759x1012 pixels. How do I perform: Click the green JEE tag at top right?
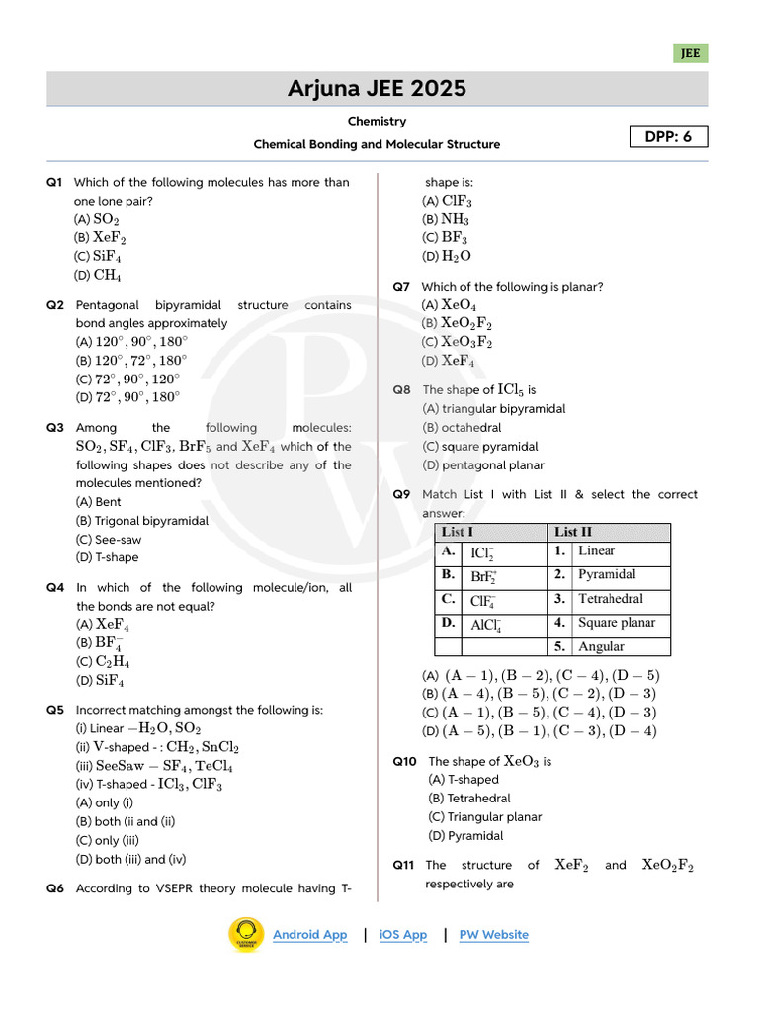[x=690, y=54]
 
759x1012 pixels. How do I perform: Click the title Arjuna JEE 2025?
[x=377, y=89]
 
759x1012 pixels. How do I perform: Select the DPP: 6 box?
[x=669, y=137]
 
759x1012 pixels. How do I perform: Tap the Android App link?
[x=309, y=935]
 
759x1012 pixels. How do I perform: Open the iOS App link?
[x=403, y=935]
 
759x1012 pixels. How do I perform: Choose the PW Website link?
[x=493, y=935]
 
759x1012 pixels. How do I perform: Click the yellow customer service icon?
[x=246, y=935]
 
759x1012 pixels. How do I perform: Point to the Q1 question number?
[x=54, y=182]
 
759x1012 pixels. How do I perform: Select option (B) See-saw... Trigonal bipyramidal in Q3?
[x=142, y=520]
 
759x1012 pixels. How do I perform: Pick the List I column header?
[x=458, y=532]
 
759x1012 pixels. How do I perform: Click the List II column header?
[x=573, y=532]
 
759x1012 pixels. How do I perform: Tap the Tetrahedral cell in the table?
[x=610, y=599]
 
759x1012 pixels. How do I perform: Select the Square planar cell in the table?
[x=616, y=623]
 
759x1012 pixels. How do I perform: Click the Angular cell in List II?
[x=601, y=647]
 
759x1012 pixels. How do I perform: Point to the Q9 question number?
[x=401, y=494]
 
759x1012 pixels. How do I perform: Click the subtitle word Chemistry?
[x=377, y=121]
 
